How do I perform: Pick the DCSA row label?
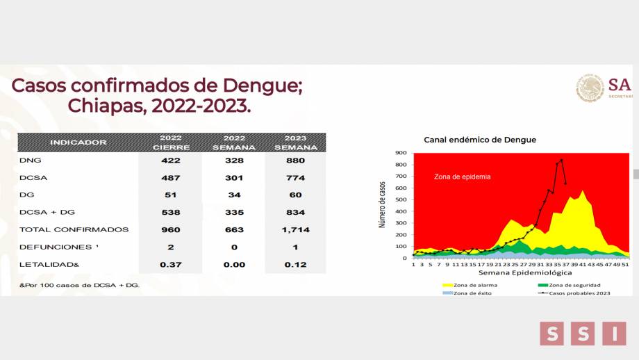[33, 177]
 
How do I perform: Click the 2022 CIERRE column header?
[170, 142]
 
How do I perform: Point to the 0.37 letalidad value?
[170, 264]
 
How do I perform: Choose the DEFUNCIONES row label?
[55, 247]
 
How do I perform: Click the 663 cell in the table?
[233, 229]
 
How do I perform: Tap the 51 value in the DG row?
[170, 195]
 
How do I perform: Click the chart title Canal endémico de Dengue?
[480, 140]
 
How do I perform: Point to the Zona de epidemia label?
[462, 177]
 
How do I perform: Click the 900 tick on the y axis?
[402, 153]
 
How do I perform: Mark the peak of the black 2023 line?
[561, 160]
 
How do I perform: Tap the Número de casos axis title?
[382, 205]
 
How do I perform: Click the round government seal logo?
[590, 89]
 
